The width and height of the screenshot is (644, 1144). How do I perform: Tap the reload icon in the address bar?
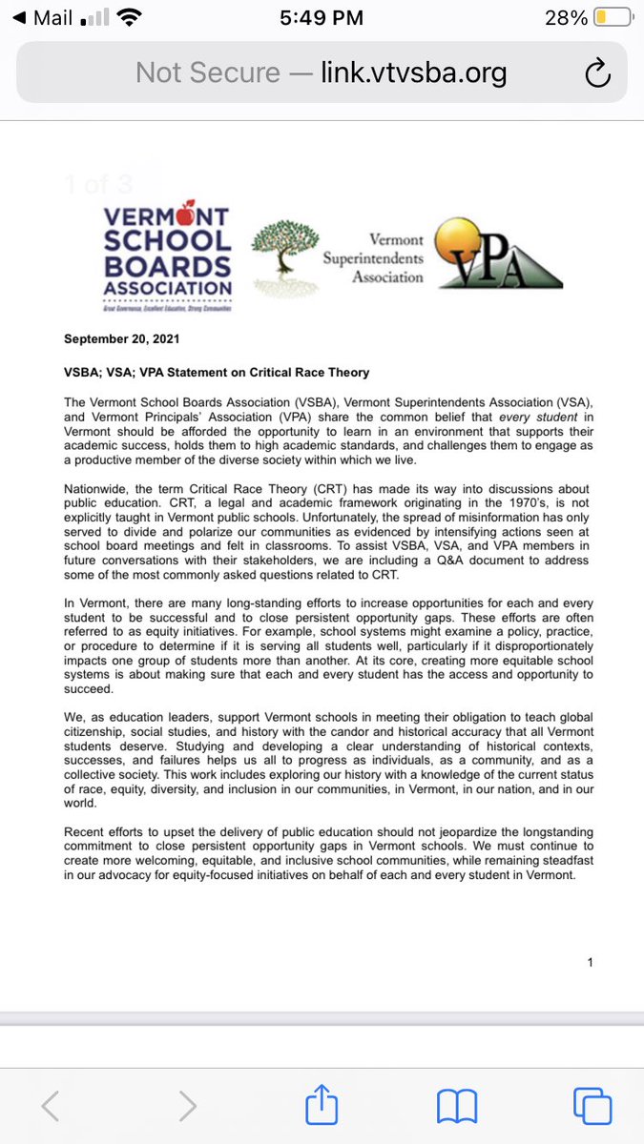click(596, 72)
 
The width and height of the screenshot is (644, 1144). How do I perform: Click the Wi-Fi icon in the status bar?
click(127, 17)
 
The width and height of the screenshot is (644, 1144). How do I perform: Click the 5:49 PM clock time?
click(322, 17)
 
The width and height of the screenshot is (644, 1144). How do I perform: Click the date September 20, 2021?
click(121, 338)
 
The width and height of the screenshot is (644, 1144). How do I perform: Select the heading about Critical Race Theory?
click(217, 372)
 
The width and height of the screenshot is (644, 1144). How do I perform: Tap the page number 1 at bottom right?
click(591, 962)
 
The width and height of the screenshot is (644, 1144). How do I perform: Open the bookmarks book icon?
click(456, 1106)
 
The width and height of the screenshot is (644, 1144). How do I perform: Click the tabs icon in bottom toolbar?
click(592, 1106)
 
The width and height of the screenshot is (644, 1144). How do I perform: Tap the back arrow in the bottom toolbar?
click(51, 1106)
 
